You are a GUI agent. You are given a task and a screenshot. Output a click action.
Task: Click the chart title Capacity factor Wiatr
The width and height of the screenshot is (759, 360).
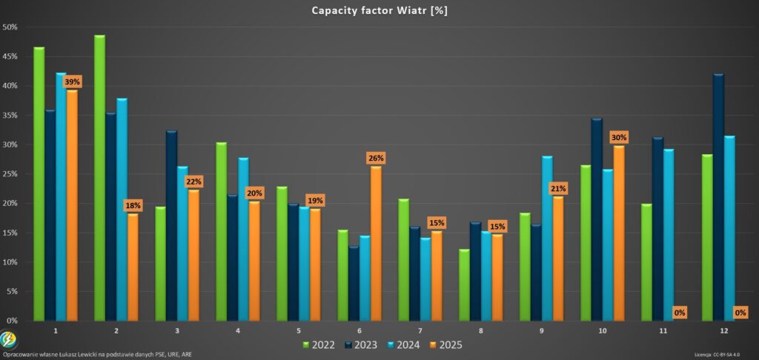coord(379,10)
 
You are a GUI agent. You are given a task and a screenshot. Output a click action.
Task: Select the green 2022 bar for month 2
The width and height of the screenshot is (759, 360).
coord(99,178)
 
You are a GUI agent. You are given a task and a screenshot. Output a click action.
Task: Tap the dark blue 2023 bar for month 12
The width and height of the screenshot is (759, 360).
coord(717,197)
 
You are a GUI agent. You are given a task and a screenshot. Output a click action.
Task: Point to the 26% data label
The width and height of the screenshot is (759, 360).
coord(376,158)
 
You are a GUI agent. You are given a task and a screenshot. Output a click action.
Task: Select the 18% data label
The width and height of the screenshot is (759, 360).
coord(133,205)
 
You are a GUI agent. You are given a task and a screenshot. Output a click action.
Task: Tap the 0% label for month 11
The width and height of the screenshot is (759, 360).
coord(680,313)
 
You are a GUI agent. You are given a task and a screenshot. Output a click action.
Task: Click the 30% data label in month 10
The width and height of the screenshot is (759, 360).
coord(619,137)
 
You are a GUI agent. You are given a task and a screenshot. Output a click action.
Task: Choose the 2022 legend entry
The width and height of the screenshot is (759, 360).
coord(320,344)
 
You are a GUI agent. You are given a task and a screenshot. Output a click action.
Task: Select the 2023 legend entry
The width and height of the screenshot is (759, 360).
coord(362,344)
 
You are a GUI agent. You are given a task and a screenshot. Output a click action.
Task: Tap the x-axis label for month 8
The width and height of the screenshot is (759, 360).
coord(481,329)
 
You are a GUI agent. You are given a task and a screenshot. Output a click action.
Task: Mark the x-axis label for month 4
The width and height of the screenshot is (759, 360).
coord(238,329)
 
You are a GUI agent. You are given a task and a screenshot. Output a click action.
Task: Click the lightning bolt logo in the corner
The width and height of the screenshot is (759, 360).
coord(10,341)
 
